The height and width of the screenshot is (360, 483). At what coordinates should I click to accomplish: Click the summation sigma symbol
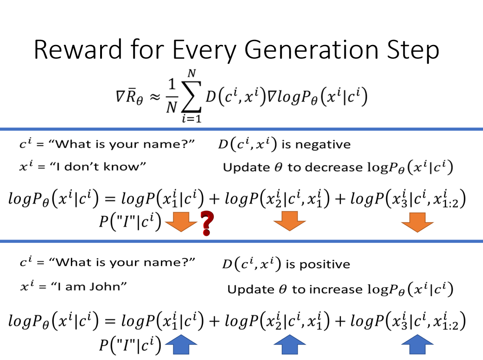pos(191,96)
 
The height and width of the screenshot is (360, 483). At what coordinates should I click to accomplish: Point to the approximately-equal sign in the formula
pos(155,97)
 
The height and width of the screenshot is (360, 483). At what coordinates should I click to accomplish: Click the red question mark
pos(207,223)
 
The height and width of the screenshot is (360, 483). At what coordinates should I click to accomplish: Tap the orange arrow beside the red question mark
pos(181,222)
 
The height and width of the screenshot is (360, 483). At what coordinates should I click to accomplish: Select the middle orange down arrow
pos(290,221)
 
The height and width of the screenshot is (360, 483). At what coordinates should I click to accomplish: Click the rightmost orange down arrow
pos(417,222)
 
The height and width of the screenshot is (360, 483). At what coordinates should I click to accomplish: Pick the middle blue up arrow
pos(290,345)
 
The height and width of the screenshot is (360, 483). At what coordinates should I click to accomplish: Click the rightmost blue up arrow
pos(417,345)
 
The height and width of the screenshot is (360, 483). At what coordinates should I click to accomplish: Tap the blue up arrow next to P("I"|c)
pos(181,345)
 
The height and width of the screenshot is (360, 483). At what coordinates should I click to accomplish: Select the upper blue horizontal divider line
pos(241,129)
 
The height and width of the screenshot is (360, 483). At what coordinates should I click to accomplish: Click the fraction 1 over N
pos(172,96)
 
